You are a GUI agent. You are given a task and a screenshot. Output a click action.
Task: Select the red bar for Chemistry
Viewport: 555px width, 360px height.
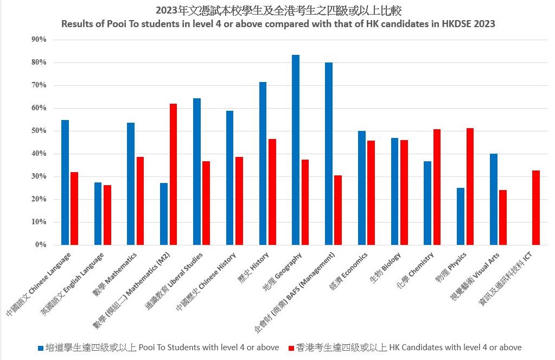click(437, 187)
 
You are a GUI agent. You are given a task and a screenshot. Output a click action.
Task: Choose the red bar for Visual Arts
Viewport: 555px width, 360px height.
click(503, 217)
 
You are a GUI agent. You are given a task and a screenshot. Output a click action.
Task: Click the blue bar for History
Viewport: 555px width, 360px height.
click(263, 163)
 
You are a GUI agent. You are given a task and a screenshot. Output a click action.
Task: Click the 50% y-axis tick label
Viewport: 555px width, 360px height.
click(40, 131)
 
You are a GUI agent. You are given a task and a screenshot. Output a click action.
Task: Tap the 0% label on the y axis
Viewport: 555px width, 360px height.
click(42, 245)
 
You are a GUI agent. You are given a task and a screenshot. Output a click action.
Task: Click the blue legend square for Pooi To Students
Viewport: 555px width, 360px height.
click(41, 348)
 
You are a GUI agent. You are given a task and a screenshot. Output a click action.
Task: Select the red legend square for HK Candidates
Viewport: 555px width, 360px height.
click(291, 348)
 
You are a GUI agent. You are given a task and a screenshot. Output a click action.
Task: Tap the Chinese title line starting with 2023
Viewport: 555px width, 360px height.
click(278, 11)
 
